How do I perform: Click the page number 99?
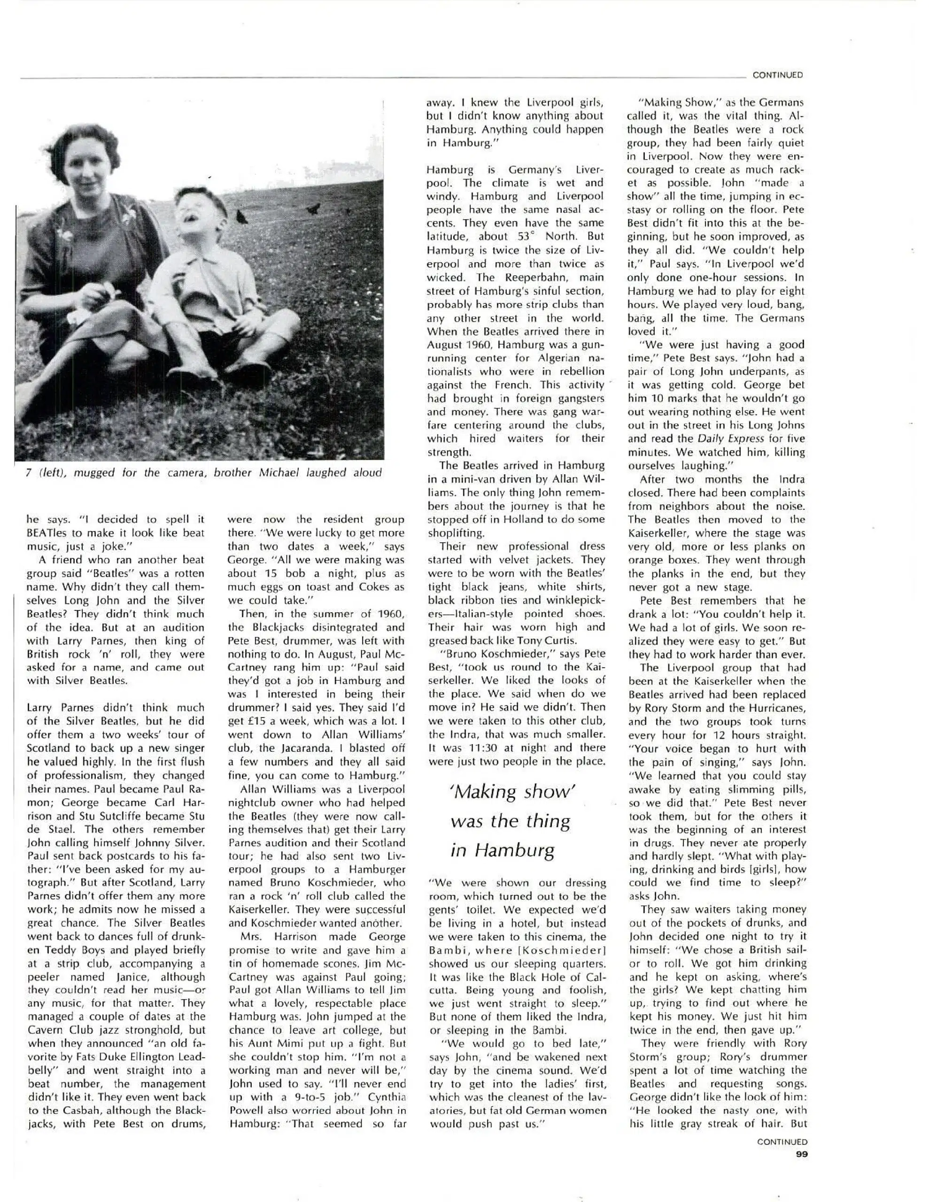[801, 1154]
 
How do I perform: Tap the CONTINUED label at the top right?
[778, 75]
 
